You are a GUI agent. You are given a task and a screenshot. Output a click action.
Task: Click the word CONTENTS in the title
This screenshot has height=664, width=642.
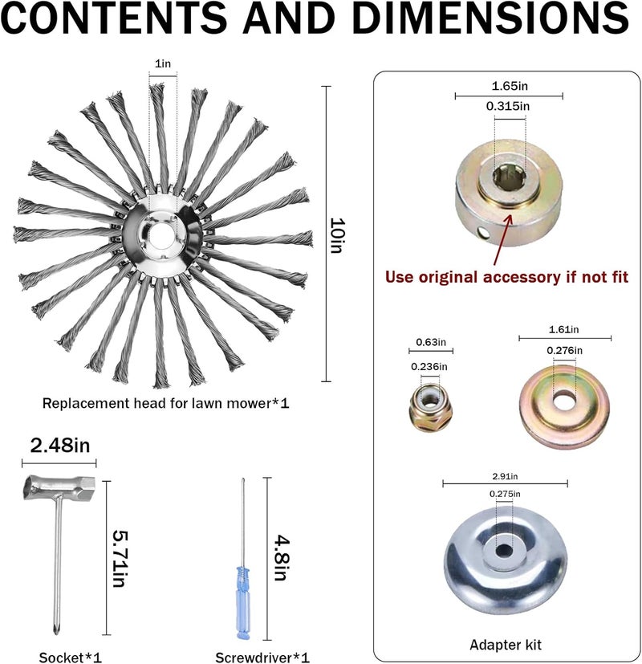pos(114,18)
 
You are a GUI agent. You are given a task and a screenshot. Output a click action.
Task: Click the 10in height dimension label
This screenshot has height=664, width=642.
pos(337,235)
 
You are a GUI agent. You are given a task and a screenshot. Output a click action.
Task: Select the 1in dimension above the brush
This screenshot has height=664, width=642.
pos(163,64)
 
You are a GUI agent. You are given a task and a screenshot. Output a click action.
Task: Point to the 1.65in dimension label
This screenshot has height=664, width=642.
pos(510,86)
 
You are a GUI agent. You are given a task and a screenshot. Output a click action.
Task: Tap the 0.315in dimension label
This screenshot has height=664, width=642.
pos(508,106)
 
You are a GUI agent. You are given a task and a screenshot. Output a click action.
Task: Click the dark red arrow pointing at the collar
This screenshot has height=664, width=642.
pos(502,240)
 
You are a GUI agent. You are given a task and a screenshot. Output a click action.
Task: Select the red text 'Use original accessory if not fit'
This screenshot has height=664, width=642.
pos(506,277)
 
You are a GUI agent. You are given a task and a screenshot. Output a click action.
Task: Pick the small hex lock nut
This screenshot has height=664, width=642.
pos(431,407)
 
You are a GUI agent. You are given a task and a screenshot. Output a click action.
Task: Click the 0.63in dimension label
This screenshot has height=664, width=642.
pos(431,342)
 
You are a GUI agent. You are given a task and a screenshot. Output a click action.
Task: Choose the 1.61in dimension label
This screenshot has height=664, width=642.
pos(563,329)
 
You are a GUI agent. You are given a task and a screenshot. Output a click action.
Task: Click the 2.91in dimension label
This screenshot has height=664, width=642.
pos(505,476)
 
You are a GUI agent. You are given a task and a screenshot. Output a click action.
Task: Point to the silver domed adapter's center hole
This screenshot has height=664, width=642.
pos(504,551)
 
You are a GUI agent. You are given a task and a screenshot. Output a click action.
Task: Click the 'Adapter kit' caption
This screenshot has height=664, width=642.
pos(506,645)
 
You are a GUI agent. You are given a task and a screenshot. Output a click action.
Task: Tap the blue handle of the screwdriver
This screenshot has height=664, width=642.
pos(243,601)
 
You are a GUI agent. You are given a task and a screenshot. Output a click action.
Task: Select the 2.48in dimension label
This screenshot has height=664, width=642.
pos(60,446)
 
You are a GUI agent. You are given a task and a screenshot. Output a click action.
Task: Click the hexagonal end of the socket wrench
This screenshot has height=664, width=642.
pos(87,484)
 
